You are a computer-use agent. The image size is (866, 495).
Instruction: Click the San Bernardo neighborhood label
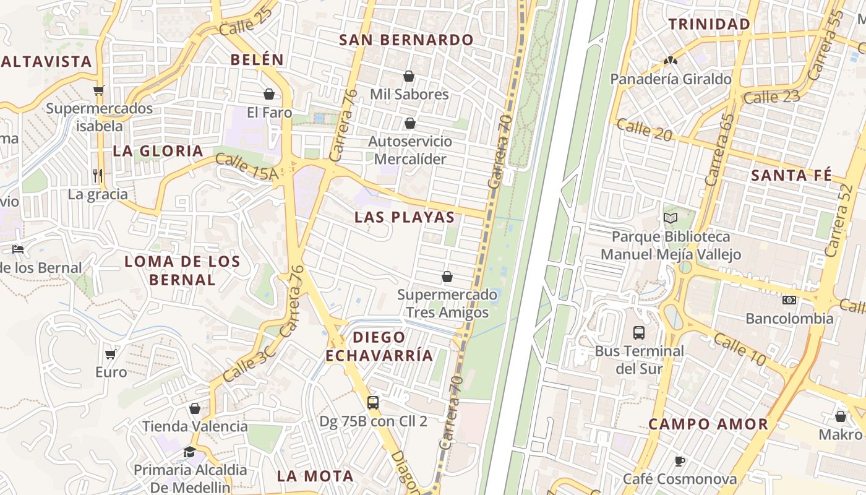pyautogui.click(x=406, y=40)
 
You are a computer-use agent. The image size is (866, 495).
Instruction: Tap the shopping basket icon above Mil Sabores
pyautogui.click(x=408, y=76)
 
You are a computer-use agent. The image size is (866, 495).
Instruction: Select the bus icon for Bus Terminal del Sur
pyautogui.click(x=639, y=333)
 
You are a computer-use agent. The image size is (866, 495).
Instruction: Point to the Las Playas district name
pyautogui.click(x=405, y=217)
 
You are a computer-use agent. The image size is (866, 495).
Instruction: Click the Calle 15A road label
pyautogui.click(x=247, y=168)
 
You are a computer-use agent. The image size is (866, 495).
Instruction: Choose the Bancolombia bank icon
pyautogui.click(x=789, y=300)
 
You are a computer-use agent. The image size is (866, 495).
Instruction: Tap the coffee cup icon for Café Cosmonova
pyautogui.click(x=679, y=461)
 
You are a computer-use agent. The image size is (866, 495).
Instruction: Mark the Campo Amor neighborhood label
pyautogui.click(x=708, y=424)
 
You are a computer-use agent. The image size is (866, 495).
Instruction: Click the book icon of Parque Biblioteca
pyautogui.click(x=671, y=218)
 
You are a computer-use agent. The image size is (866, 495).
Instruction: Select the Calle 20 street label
pyautogui.click(x=644, y=130)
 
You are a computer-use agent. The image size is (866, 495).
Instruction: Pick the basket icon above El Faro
pyautogui.click(x=269, y=94)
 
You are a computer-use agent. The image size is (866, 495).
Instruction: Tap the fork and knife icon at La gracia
pyautogui.click(x=98, y=175)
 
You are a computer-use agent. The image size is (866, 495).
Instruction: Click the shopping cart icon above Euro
pyautogui.click(x=111, y=354)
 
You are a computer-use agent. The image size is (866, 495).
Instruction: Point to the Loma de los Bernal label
pyautogui.click(x=182, y=270)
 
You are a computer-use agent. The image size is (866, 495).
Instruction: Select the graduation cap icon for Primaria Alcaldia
pyautogui.click(x=189, y=452)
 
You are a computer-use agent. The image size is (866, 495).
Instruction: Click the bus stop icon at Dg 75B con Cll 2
pyautogui.click(x=373, y=403)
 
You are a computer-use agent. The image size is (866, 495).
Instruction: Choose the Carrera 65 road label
pyautogui.click(x=719, y=150)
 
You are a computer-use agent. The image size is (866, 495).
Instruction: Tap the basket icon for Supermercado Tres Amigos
pyautogui.click(x=447, y=277)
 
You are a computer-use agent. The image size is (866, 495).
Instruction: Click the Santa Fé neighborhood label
pyautogui.click(x=791, y=175)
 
